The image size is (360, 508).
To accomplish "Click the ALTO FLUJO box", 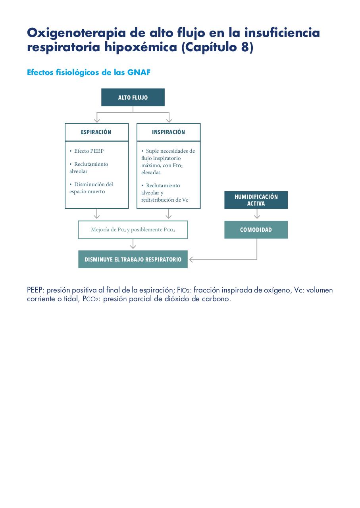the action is (x=133, y=97).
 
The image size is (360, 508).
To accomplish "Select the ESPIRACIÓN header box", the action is (x=96, y=132).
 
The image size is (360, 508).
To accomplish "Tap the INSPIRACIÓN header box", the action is (x=169, y=132).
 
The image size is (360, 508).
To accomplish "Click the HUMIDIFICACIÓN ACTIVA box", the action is (x=256, y=200).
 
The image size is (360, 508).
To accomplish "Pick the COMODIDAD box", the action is (x=256, y=230).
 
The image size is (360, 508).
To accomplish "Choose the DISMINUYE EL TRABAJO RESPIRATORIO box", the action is (x=133, y=260).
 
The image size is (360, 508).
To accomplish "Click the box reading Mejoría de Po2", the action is (x=133, y=230).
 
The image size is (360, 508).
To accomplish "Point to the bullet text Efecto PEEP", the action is (x=87, y=151).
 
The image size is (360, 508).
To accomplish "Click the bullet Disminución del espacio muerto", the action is (x=91, y=188).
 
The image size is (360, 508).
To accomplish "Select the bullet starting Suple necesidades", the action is (x=168, y=162).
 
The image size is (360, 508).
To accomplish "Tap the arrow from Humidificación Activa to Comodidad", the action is (x=257, y=214).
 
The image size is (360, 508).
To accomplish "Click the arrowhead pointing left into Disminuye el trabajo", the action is (x=191, y=260).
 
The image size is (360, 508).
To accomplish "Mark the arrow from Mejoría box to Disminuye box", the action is (x=133, y=244).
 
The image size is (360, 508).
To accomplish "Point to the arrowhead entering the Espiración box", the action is (x=97, y=120).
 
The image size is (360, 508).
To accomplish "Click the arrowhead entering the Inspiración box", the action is (x=169, y=120).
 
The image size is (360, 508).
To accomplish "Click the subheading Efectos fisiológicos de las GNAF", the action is (x=89, y=72).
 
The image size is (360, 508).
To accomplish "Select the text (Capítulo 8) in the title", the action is (x=218, y=47).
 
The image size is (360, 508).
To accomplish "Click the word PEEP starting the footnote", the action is (x=35, y=290).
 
